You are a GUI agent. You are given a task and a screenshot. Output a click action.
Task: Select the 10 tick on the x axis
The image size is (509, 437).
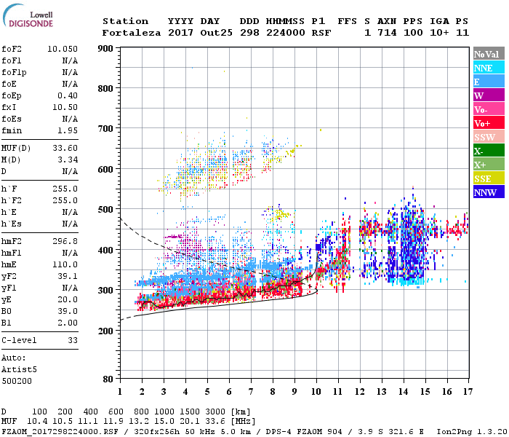pyautogui.click(x=316, y=391)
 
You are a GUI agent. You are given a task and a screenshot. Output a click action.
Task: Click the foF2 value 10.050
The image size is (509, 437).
pyautogui.click(x=63, y=49)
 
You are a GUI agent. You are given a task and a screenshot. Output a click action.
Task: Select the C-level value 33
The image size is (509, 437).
pyautogui.click(x=73, y=339)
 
